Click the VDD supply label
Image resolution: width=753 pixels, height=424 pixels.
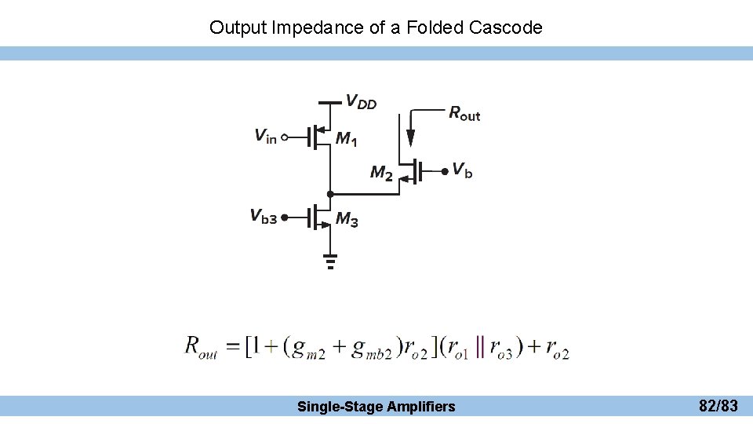pos(361,102)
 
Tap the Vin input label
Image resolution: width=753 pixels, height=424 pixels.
pos(265,137)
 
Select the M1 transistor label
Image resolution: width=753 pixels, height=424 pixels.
pos(346,139)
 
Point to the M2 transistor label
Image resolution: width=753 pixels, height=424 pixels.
pos(381,173)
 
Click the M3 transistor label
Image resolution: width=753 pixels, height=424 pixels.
pos(347,221)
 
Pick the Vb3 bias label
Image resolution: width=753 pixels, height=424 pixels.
pos(263,216)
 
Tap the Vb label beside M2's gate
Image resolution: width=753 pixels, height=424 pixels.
pos(463,170)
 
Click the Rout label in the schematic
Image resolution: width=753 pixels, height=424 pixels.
pos(464,113)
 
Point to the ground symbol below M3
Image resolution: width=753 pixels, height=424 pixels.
pos(330,261)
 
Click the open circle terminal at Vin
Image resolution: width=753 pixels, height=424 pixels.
pos(285,137)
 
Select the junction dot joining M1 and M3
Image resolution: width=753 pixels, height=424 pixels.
pos(330,192)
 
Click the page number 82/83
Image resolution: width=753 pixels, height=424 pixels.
pos(718,406)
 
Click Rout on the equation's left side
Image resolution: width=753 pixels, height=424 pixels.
pos(201,345)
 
